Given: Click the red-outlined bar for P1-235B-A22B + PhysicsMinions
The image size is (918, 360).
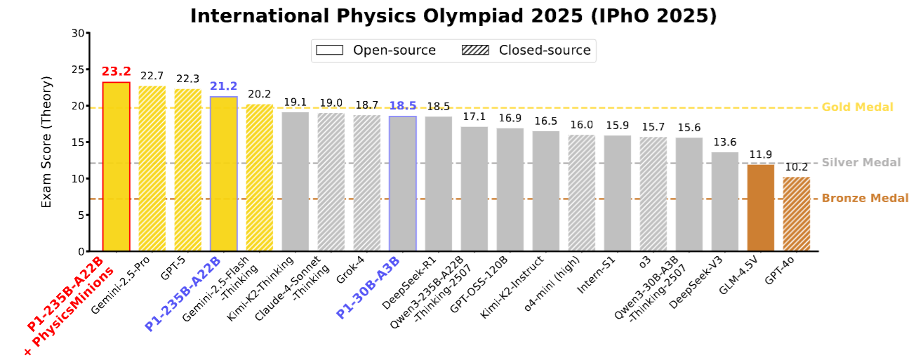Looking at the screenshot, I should tap(116, 167).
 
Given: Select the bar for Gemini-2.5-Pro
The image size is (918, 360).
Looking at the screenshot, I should tap(152, 168).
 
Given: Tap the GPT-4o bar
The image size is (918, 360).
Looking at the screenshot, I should tap(796, 214).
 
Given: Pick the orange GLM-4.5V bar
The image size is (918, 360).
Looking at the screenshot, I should tap(760, 208).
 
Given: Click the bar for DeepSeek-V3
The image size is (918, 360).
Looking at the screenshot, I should tap(724, 202).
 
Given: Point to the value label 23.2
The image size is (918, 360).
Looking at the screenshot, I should tap(116, 72).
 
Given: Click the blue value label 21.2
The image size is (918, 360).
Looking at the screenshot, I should tap(223, 86).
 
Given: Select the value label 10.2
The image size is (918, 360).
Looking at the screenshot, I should tap(796, 167).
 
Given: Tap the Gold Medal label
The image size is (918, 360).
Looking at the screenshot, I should tap(857, 107).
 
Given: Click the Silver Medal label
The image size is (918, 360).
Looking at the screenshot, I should tap(860, 163).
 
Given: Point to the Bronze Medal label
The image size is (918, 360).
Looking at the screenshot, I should tap(865, 199).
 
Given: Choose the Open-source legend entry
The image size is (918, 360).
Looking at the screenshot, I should tap(376, 50).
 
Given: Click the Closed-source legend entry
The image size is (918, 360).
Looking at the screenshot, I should tap(527, 50).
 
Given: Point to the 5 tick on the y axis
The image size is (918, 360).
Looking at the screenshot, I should tap(80, 215).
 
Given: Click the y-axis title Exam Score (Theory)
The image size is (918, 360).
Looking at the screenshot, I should tap(46, 142).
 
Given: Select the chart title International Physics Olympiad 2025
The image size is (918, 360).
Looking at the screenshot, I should tap(453, 16).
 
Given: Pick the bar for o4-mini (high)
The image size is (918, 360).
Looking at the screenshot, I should tap(581, 193).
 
